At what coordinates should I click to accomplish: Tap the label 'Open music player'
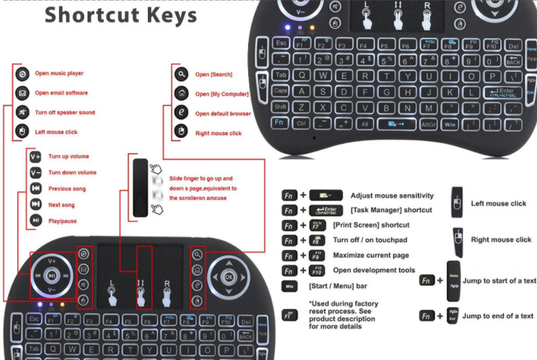(x=59, y=73)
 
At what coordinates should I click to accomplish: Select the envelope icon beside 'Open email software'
(x=22, y=93)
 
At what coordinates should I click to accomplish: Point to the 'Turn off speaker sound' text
(x=64, y=113)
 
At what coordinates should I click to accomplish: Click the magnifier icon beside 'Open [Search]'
(x=181, y=75)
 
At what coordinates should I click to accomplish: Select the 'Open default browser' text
(x=222, y=114)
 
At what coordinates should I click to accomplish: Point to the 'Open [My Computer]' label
(x=221, y=94)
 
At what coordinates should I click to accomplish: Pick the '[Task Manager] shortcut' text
(x=391, y=210)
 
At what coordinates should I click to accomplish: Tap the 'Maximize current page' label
(x=370, y=256)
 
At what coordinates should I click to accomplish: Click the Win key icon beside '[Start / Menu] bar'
(x=290, y=286)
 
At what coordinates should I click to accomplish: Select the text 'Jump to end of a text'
(x=498, y=316)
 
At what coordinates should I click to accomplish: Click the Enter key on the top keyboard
(x=501, y=92)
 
